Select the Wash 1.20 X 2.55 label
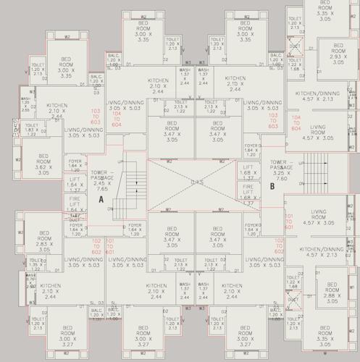click(25, 104)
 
